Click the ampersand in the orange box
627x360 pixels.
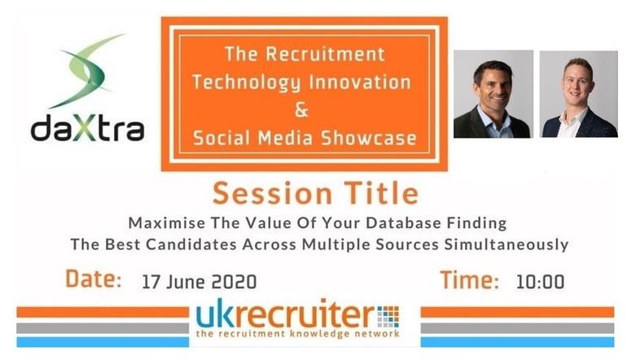pos(302,109)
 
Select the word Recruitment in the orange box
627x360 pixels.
pos(325,55)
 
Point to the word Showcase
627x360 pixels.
pos(368,138)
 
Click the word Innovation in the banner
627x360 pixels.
pos(359,82)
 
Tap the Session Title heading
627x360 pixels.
pos(315,193)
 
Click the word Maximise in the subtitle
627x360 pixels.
pos(167,223)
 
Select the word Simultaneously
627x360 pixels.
pos(506,244)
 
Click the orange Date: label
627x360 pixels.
pos(94,279)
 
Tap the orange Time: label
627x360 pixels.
pos(470,279)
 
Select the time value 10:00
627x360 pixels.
pos(540,282)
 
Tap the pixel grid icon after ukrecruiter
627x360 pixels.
pos(388,317)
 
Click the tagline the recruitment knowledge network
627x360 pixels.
pos(298,334)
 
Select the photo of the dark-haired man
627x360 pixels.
pos(493,94)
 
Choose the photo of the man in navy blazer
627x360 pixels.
pos(579,94)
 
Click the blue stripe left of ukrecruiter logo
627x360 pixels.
pos(103,342)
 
